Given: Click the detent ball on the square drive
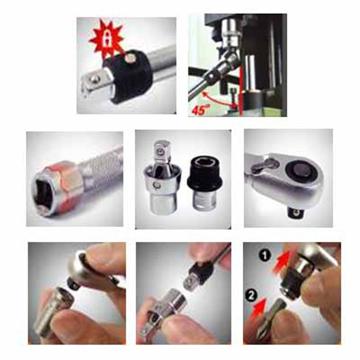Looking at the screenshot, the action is tap(94, 78).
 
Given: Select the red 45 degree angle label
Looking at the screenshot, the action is tap(199, 110).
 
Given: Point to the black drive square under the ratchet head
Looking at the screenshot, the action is tap(295, 213).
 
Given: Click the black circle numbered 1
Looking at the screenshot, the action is tap(265, 256).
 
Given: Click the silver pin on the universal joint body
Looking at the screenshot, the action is tap(157, 184).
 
